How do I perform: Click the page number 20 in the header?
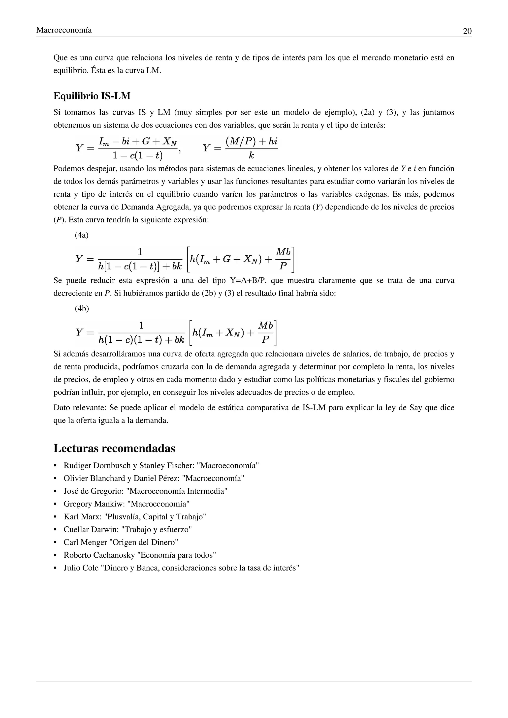467,31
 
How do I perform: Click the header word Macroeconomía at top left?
64,30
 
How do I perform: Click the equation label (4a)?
82,235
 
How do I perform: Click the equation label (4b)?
82,309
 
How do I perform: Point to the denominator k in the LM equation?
251,155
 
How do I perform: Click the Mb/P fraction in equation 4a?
284,259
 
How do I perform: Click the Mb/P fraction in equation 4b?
266,332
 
